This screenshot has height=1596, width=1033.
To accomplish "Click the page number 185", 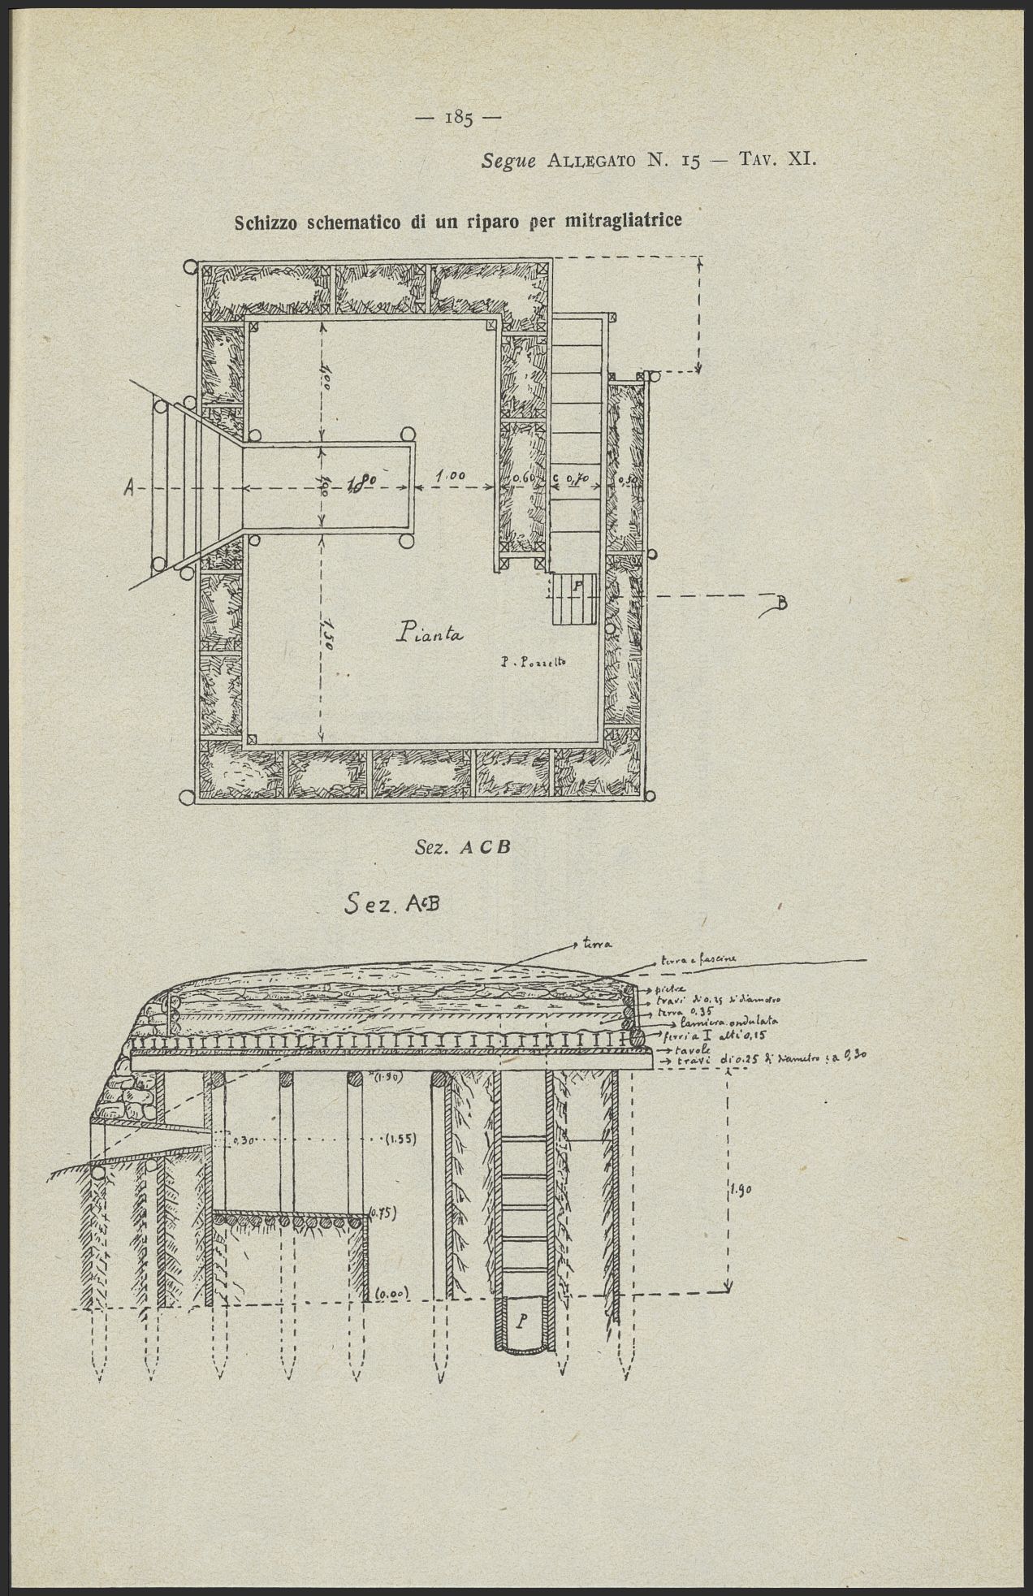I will (x=459, y=119).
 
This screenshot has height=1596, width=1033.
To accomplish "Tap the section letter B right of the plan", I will (x=781, y=602).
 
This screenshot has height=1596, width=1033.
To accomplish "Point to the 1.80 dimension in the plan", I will (x=361, y=484).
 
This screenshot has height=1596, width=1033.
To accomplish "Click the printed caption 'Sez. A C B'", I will (x=461, y=846).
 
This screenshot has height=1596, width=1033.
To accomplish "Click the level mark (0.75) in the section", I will (x=381, y=1213).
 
